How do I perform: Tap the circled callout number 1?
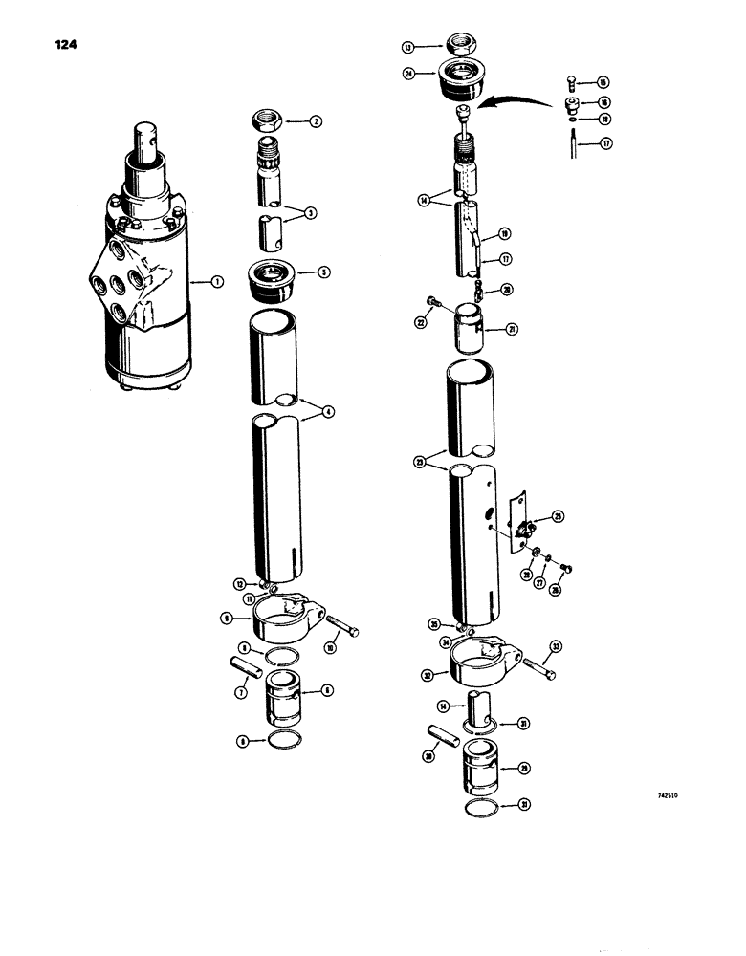pyautogui.click(x=217, y=282)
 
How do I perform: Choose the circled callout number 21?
pyautogui.click(x=513, y=331)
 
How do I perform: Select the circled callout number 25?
pyautogui.click(x=558, y=516)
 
